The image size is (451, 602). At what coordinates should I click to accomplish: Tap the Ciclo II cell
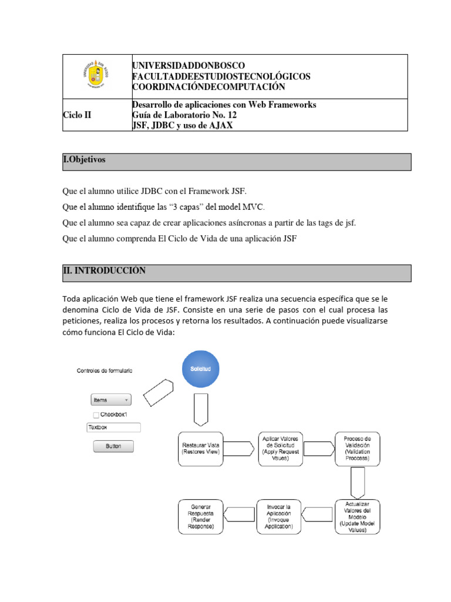(77, 115)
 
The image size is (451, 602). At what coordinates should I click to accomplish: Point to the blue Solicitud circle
(201, 369)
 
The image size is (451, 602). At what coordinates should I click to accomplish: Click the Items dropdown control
(110, 400)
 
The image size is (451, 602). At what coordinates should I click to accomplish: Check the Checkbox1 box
(96, 414)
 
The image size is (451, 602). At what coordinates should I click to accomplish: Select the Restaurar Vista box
(201, 449)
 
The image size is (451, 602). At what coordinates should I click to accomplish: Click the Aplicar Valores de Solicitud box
(281, 449)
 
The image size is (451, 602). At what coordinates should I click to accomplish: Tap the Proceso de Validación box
(358, 449)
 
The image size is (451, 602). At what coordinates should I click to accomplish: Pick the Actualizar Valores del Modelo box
(358, 517)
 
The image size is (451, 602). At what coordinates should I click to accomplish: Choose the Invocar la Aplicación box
(279, 517)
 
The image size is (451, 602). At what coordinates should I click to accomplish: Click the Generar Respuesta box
(201, 517)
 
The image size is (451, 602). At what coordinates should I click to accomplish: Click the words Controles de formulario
(105, 370)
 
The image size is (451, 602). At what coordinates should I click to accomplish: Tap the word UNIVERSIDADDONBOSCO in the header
(189, 65)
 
